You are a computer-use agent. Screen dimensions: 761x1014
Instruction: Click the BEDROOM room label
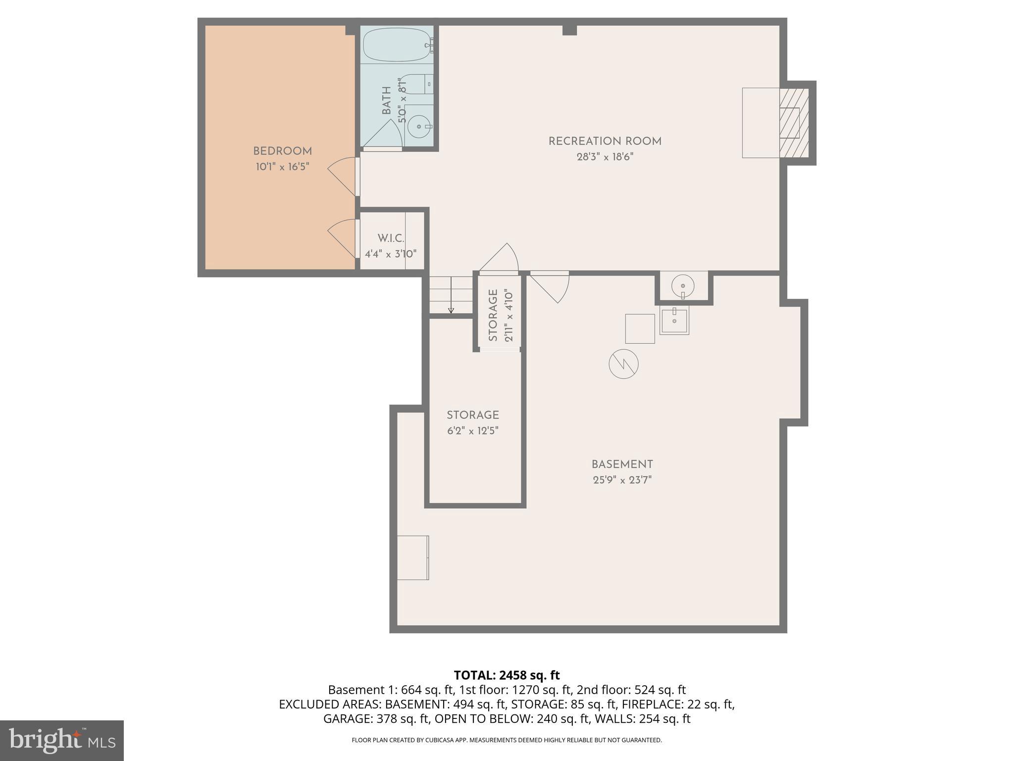[x=282, y=151]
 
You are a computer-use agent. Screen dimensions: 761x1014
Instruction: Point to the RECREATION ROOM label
[x=605, y=141]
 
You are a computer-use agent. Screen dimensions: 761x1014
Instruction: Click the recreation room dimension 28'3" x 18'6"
[x=605, y=157]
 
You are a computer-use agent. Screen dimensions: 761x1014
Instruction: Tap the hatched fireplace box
[x=794, y=123]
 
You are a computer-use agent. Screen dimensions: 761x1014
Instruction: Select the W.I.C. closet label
[x=391, y=238]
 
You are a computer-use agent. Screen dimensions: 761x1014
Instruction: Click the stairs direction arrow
[x=451, y=310]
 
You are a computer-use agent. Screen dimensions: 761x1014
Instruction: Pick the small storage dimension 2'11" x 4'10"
[x=508, y=316]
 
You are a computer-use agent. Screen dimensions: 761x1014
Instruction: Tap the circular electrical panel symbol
[x=623, y=364]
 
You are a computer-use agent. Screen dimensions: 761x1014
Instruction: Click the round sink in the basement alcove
[x=683, y=286]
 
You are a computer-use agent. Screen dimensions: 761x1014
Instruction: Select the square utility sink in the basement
[x=674, y=321]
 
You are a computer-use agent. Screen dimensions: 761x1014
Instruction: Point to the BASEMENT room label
[x=622, y=465]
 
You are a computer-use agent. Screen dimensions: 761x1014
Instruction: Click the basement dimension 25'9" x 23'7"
[x=622, y=480]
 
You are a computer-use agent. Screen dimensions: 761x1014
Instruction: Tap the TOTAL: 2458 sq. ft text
[x=507, y=675]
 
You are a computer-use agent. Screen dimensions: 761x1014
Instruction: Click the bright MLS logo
[x=61, y=740]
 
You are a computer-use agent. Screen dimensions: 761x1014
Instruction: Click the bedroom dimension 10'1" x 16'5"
[x=282, y=167]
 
